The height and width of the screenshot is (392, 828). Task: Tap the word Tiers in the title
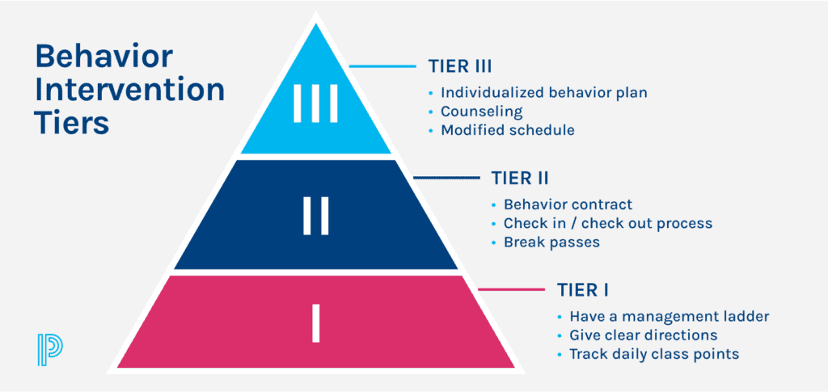tap(72, 122)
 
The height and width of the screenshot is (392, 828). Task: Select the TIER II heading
tap(520, 178)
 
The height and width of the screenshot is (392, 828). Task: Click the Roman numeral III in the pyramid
tap(315, 108)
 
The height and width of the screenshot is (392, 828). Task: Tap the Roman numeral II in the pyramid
tap(315, 216)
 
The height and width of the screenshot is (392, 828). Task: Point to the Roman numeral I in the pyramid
tap(316, 322)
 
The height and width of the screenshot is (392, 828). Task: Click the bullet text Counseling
tap(482, 112)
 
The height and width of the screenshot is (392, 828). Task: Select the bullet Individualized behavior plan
tap(543, 92)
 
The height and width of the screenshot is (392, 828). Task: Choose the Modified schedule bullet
tap(508, 130)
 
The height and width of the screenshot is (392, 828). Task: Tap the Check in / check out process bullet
tap(607, 223)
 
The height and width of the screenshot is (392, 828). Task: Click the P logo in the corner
tap(50, 348)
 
